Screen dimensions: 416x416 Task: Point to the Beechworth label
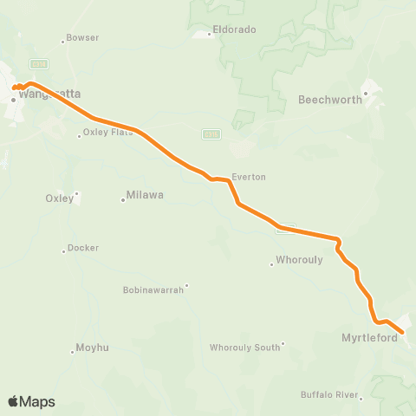[328, 101]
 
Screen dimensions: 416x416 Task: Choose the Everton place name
[249, 177]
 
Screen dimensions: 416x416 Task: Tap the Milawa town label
[145, 195]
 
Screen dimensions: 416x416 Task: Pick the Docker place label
[83, 248]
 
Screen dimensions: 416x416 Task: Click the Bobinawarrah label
[153, 289]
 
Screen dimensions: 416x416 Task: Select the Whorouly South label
[245, 348]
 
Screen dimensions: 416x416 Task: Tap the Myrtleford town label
[370, 338]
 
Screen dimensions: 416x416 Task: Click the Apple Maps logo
[30, 401]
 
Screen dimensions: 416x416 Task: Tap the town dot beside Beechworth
[366, 93]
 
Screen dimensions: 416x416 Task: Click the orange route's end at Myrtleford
[402, 330]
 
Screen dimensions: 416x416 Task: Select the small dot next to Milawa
[122, 200]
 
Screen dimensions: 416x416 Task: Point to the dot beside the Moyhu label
[72, 352]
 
